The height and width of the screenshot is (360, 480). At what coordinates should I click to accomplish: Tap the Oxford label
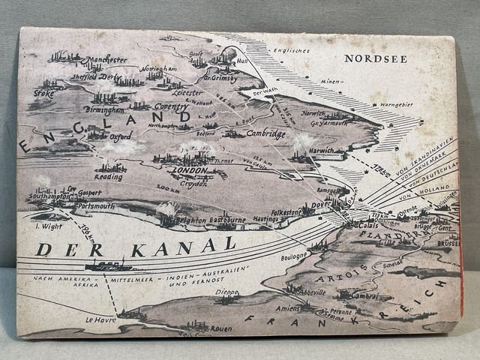pyautogui.click(x=119, y=137)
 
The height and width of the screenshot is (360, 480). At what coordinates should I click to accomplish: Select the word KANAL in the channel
pyautogui.click(x=173, y=245)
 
